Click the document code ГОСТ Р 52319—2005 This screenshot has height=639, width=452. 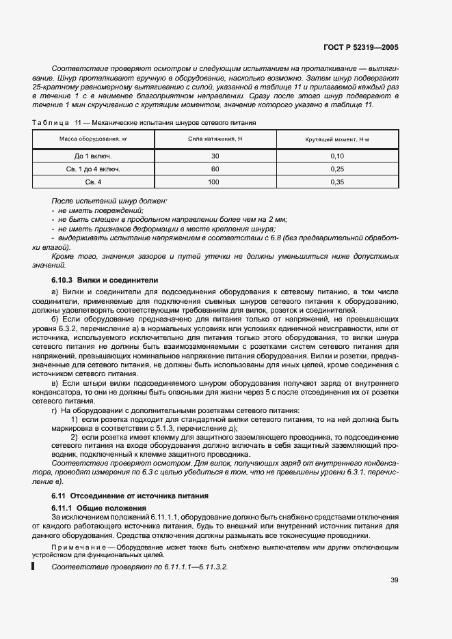pos(361,48)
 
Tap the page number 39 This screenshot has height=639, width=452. pos(394,581)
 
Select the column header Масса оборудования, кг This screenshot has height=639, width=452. pos(93,139)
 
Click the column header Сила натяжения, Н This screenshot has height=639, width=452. pos(215,139)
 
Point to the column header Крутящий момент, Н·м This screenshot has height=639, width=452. pos(337,139)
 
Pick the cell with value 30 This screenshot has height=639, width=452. pos(215,156)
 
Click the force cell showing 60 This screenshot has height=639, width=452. pos(215,169)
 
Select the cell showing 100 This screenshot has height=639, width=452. pos(215,182)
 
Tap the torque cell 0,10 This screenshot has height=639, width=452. pos(337,156)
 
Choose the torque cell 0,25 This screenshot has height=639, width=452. pos(337,169)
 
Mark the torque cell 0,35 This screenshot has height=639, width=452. pos(337,182)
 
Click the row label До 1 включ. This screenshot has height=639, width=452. pos(93,156)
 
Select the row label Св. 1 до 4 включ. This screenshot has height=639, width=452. pos(93,169)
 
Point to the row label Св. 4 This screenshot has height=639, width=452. pos(93,182)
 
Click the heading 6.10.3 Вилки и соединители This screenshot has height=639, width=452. pos(105,280)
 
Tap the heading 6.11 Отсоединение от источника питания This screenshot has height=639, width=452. pos(130,495)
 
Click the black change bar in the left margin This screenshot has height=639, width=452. pos(33,566)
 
